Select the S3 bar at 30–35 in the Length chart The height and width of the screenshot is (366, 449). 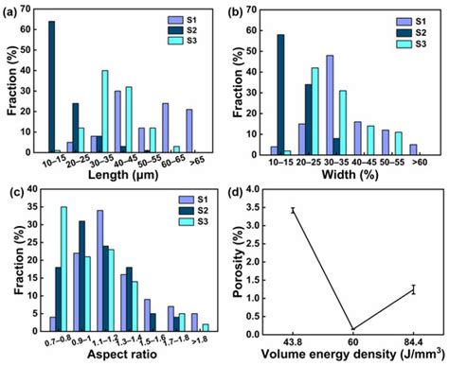[x=105, y=112]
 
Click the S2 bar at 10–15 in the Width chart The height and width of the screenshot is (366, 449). [x=280, y=94]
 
